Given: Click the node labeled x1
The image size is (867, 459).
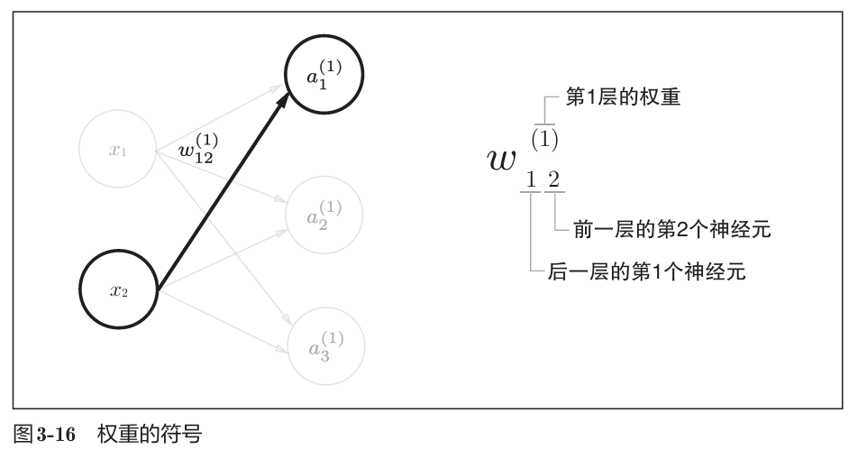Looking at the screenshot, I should pyautogui.click(x=117, y=151).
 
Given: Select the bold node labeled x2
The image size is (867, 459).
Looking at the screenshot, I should pyautogui.click(x=120, y=290).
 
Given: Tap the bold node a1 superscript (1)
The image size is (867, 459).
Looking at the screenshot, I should pyautogui.click(x=324, y=77).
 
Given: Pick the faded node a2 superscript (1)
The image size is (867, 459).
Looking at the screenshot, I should pyautogui.click(x=324, y=216).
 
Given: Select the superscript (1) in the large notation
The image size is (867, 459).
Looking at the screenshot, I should pyautogui.click(x=543, y=139).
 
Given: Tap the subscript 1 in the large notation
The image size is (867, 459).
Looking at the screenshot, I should pyautogui.click(x=532, y=179).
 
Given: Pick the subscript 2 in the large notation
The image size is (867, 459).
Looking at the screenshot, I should pyautogui.click(x=553, y=179).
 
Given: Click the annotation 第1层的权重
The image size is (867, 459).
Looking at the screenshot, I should pyautogui.click(x=622, y=98).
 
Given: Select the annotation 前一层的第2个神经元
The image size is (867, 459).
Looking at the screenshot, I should pyautogui.click(x=671, y=230).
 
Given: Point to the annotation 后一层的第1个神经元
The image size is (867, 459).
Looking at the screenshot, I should pyautogui.click(x=646, y=271).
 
